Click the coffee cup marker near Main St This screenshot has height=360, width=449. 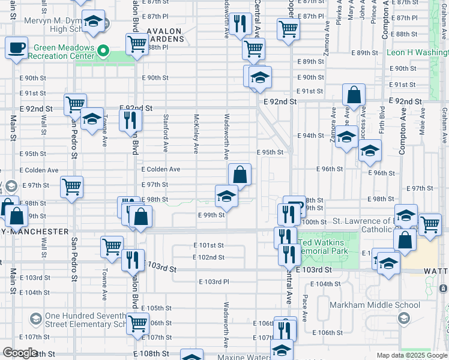(x=17, y=47)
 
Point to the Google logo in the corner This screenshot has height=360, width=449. (x=20, y=353)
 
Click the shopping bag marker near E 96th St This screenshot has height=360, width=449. (x=240, y=175)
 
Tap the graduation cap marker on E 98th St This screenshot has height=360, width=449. (x=227, y=196)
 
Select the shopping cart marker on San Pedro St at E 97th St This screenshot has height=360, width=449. (x=72, y=187)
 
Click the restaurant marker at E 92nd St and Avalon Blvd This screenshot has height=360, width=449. (x=130, y=120)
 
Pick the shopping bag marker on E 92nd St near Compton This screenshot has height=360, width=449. (x=354, y=94)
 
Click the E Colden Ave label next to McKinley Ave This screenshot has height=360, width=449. (x=160, y=170)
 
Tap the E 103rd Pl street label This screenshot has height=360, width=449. (x=214, y=282)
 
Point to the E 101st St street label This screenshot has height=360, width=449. (x=208, y=245)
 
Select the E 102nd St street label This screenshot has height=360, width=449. (x=208, y=257)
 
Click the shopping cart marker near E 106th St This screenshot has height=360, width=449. (x=138, y=323)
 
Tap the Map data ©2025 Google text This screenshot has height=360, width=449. (x=412, y=355)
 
